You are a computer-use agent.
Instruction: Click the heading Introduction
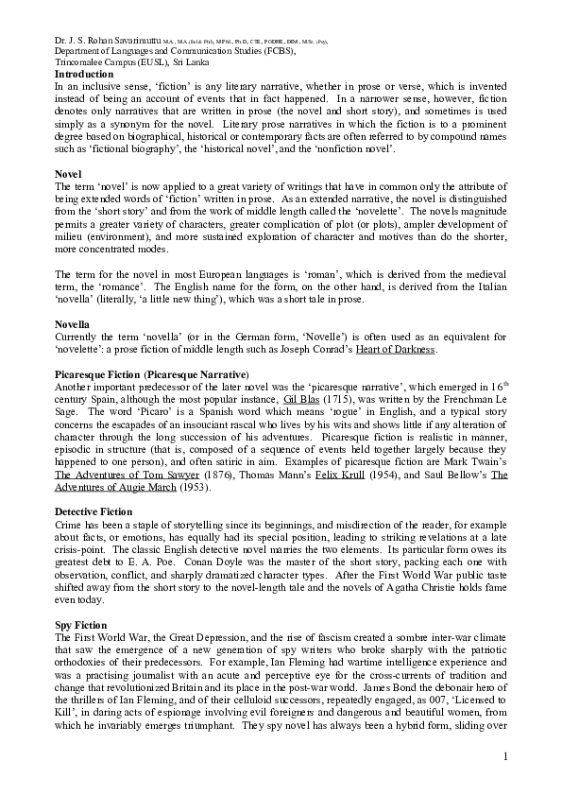(86, 73)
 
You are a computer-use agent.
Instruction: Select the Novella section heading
(74, 324)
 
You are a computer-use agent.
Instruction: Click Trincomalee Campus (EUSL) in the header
(108, 61)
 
